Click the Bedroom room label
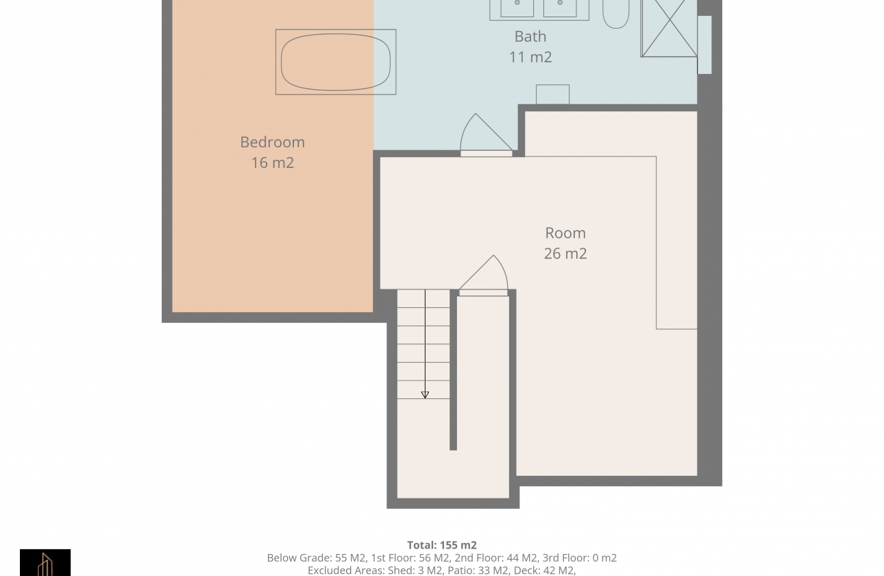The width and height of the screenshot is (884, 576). pyautogui.click(x=272, y=142)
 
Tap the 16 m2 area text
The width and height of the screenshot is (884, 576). pyautogui.click(x=273, y=163)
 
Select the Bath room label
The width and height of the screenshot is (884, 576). pyautogui.click(x=530, y=37)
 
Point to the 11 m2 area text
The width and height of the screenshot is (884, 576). pyautogui.click(x=530, y=57)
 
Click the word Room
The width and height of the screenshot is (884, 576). pyautogui.click(x=565, y=233)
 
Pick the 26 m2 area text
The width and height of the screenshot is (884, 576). pyautogui.click(x=565, y=254)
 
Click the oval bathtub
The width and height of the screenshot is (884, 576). pyautogui.click(x=336, y=62)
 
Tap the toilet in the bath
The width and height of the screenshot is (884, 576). pyautogui.click(x=615, y=14)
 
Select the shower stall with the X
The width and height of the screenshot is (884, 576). pyautogui.click(x=669, y=28)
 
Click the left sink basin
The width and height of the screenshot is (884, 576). pyautogui.click(x=517, y=8)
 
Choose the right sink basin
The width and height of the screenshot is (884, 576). pyautogui.click(x=560, y=8)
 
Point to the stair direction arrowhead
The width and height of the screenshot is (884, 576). pyautogui.click(x=425, y=395)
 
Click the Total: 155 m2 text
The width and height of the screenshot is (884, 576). pyautogui.click(x=442, y=545)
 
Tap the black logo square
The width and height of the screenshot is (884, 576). pyautogui.click(x=45, y=562)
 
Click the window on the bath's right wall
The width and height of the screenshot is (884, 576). pyautogui.click(x=704, y=45)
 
